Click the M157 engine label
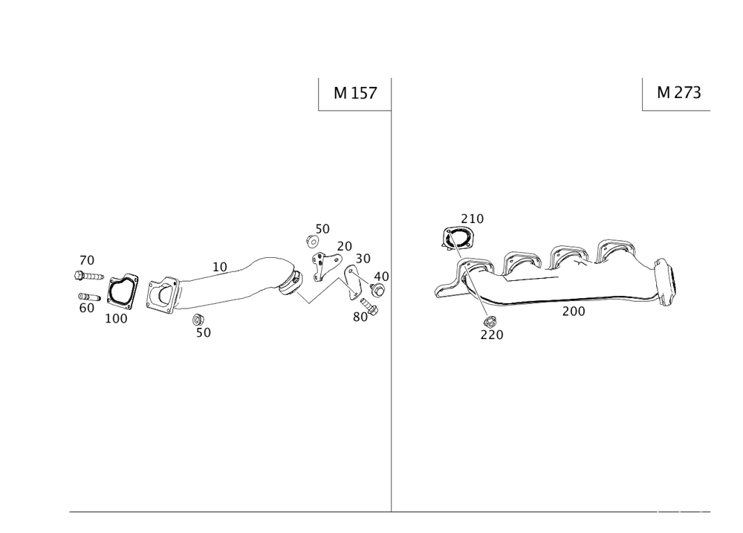point(355,94)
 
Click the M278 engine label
point(678,93)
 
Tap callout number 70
point(87,260)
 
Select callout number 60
point(86,306)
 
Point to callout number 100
point(117,319)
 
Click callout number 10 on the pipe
point(219,265)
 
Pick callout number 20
point(344,246)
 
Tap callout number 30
point(363,258)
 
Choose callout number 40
point(381,276)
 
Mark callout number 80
point(361,316)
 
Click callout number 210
point(472,219)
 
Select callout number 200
point(574,312)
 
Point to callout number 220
point(491,335)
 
